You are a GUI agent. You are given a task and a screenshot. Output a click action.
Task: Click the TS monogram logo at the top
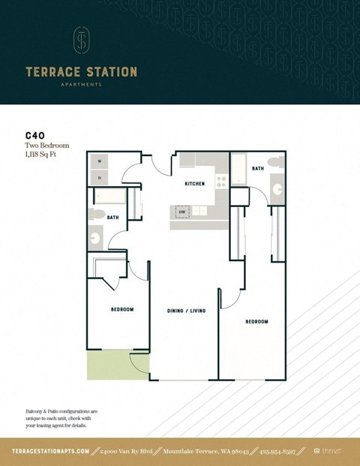[82, 41]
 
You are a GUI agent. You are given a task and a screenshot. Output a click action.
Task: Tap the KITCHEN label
[195, 183]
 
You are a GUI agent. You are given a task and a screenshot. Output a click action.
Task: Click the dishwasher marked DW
[181, 212]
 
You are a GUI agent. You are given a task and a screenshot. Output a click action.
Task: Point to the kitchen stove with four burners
[221, 181]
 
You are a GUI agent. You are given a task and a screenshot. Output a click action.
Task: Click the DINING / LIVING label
[186, 310]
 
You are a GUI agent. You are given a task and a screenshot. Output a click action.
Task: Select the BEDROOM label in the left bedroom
[122, 309]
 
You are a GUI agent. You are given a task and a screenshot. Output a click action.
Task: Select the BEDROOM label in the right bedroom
[256, 321]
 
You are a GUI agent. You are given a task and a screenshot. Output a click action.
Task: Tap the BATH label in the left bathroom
[112, 218]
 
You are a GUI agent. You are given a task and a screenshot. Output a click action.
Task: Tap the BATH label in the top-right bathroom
[258, 169]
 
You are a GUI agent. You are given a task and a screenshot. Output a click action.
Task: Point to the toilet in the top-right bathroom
[275, 162]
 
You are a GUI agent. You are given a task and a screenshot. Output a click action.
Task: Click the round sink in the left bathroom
[96, 239]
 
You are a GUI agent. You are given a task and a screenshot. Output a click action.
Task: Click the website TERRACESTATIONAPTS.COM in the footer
[51, 451]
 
